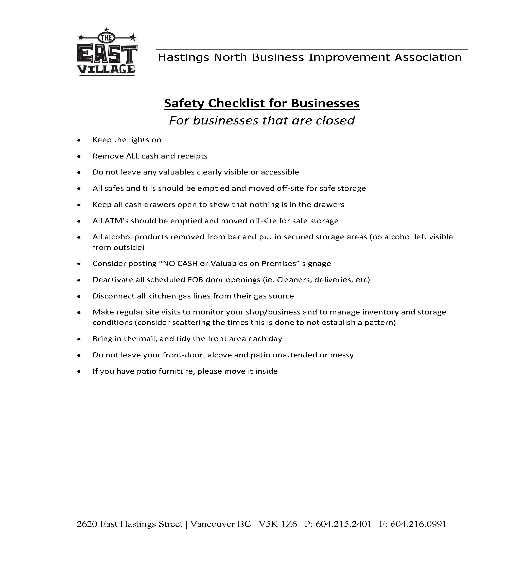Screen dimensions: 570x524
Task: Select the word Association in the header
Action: [x=428, y=57]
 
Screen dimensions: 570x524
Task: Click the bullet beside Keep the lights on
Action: [x=79, y=140]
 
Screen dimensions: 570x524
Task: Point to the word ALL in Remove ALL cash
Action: [x=132, y=156]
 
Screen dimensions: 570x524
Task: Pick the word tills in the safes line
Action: [x=147, y=188]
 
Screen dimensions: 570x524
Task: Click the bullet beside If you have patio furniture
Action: [x=79, y=372]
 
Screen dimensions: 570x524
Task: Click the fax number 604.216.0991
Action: [x=418, y=524]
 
